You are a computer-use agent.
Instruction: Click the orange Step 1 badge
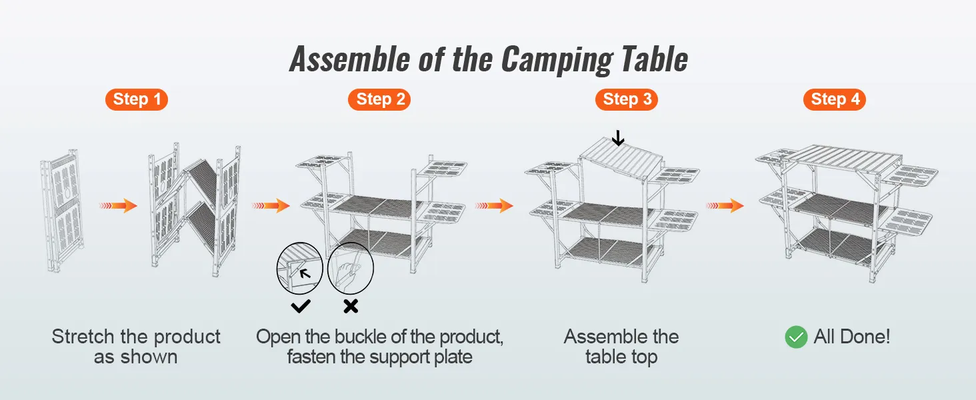pyautogui.click(x=137, y=100)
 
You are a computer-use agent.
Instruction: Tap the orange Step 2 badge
pyautogui.click(x=380, y=100)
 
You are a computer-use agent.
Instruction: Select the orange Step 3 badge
pyautogui.click(x=627, y=100)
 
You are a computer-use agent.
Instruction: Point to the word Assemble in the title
pyautogui.click(x=349, y=60)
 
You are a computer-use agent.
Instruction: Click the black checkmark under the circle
pyautogui.click(x=301, y=306)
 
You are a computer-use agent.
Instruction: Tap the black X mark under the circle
pyautogui.click(x=351, y=306)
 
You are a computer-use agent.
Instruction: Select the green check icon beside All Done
pyautogui.click(x=796, y=337)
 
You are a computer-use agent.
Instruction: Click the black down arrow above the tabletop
pyautogui.click(x=618, y=138)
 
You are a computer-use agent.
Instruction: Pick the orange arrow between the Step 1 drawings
pyautogui.click(x=118, y=206)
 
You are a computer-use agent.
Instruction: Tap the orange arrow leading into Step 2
pyautogui.click(x=271, y=206)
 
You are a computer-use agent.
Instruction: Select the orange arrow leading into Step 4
pyautogui.click(x=725, y=206)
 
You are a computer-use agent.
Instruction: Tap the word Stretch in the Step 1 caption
pyautogui.click(x=83, y=337)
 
